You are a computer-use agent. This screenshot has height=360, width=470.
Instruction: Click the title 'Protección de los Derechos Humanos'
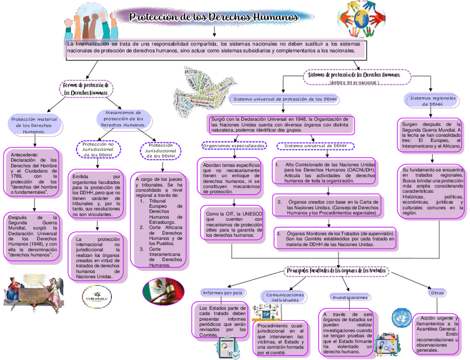coord(214,17)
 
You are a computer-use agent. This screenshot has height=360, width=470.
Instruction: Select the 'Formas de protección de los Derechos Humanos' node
coord(86,89)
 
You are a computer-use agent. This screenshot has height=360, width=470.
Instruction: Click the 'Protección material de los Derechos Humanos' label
coord(34,125)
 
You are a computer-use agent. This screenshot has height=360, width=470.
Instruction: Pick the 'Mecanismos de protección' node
coord(124,119)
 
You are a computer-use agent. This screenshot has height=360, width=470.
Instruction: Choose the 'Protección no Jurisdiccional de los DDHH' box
coord(98,150)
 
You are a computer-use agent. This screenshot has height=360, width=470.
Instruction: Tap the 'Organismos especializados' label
coord(234,146)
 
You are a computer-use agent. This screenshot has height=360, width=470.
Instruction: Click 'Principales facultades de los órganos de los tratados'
coord(336,270)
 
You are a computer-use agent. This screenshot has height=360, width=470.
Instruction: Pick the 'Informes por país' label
coord(223,292)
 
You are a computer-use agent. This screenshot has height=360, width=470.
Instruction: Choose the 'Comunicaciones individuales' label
coord(285,297)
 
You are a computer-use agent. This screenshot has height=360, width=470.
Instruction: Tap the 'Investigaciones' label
coord(350,297)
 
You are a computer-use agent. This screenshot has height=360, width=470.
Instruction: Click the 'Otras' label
coord(437,292)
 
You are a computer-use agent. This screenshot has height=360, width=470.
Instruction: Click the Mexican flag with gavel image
coord(163,291)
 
